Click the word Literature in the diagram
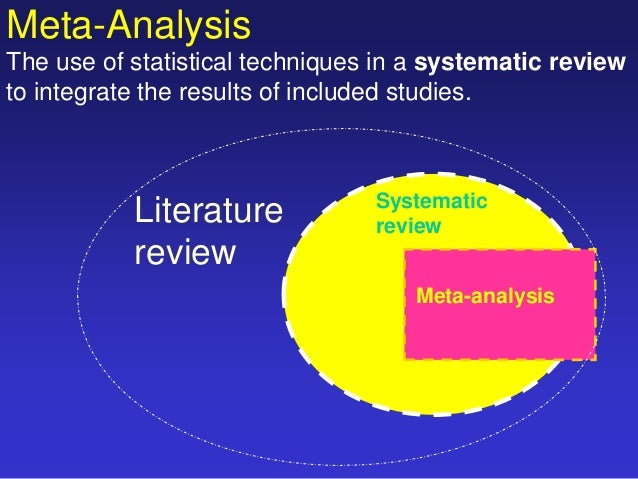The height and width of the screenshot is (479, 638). pos(208,211)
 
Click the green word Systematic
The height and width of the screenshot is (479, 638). pos(431,203)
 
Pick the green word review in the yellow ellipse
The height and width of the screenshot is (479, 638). pos(407,227)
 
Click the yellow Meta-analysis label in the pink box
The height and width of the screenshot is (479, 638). pos(484,296)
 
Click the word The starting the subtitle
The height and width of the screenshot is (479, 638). pos(27,65)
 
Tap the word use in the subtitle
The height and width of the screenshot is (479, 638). pos(73,65)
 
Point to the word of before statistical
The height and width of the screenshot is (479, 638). pos(111,65)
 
